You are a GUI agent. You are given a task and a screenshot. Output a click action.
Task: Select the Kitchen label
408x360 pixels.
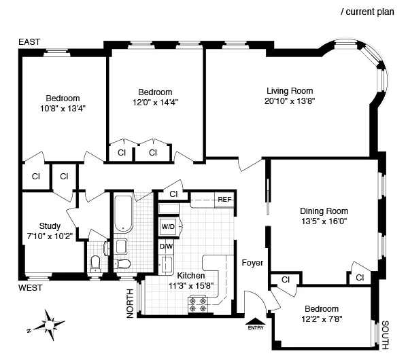click(x=190, y=276)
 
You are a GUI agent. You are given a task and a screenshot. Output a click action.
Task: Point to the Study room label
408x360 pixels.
click(x=50, y=226)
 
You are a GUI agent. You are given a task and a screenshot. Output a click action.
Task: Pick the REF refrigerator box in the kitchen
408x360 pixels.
click(x=224, y=200)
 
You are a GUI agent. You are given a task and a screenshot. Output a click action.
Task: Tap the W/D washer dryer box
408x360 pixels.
click(x=167, y=226)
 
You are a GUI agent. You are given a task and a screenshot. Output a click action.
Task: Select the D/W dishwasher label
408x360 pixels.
click(x=166, y=247)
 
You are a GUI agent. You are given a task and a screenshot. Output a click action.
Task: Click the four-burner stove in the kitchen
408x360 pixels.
click(x=197, y=308)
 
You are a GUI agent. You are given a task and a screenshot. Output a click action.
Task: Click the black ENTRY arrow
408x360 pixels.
click(x=256, y=323)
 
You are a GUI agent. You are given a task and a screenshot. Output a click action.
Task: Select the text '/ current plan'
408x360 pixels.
click(x=371, y=12)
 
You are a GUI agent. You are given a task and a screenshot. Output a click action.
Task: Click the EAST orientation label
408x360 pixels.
click(x=29, y=43)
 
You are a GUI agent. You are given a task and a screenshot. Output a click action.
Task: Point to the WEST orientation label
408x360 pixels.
click(x=31, y=288)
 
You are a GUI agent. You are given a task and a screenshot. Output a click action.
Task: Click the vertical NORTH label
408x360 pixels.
click(x=130, y=302)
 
